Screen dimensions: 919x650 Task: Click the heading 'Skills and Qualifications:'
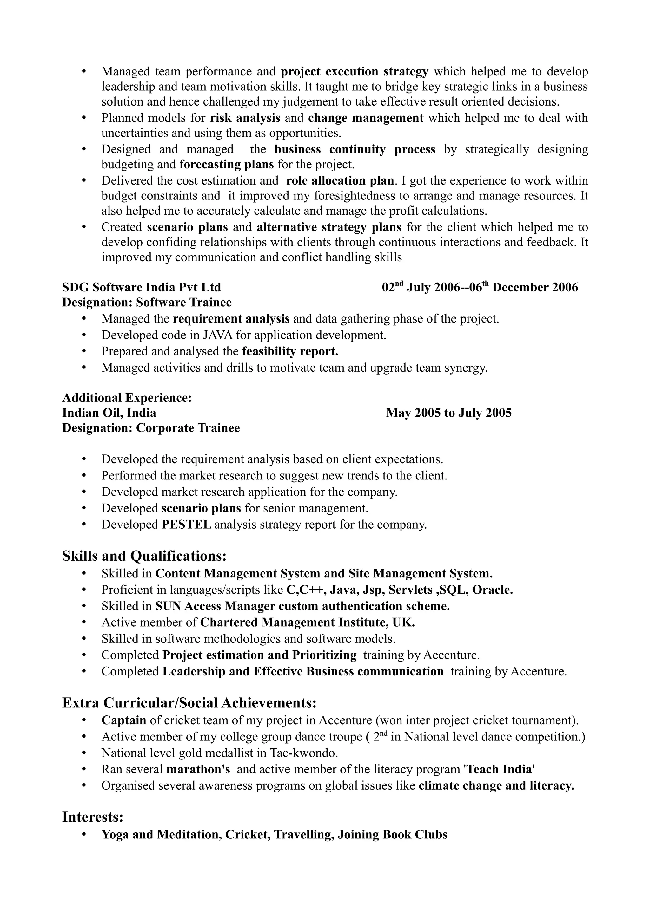coord(144,556)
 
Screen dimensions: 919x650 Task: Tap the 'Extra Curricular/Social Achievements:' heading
coord(189,702)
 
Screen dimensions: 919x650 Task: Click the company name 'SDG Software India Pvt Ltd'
coord(141,287)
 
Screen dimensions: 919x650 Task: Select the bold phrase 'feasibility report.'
coord(290,351)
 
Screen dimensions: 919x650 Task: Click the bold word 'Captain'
coord(124,720)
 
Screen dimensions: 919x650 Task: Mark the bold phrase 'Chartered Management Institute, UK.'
coord(307,622)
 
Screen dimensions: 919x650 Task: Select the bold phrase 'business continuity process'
coord(355,149)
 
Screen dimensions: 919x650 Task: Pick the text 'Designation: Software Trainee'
coord(147,302)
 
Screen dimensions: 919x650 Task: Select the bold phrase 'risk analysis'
coord(245,118)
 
